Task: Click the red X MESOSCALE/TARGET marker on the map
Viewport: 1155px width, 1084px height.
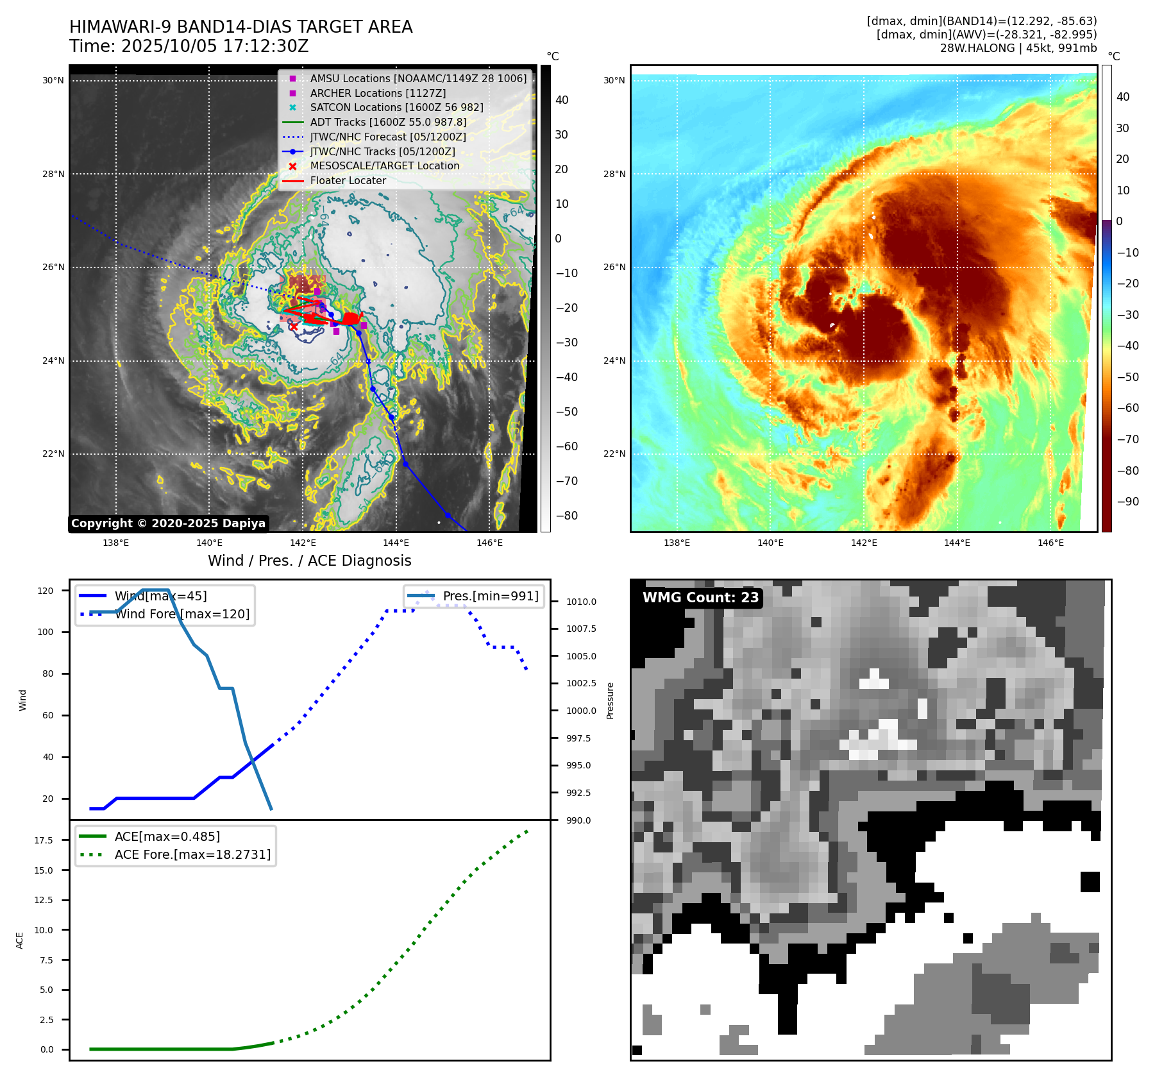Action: click(x=293, y=327)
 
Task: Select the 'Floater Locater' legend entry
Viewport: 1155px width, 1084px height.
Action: click(x=348, y=181)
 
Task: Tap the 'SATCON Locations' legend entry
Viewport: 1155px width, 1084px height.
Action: click(x=396, y=108)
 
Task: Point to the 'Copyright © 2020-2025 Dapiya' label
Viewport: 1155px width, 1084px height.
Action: click(x=168, y=523)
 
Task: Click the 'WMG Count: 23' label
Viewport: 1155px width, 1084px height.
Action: click(x=700, y=598)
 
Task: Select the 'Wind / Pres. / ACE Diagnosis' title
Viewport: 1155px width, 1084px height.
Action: click(x=309, y=561)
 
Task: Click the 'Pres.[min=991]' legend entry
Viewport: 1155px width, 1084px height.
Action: click(x=491, y=597)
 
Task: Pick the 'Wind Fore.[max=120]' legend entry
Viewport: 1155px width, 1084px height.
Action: click(x=182, y=614)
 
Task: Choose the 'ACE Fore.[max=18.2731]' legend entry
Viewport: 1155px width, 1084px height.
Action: click(x=192, y=855)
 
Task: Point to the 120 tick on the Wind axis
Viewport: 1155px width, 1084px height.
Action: click(x=46, y=591)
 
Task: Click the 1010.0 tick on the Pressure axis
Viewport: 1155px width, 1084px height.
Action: click(x=581, y=602)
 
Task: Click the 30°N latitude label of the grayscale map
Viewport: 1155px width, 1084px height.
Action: click(x=53, y=81)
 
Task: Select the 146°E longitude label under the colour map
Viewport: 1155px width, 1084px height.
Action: click(x=1050, y=543)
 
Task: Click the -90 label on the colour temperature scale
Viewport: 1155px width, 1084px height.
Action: click(x=1128, y=502)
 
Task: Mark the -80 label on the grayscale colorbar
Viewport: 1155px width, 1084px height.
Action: click(x=567, y=516)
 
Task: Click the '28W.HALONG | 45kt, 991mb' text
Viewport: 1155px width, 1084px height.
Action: click(x=1018, y=48)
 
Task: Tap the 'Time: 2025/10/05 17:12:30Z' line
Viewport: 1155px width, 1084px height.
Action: click(x=189, y=47)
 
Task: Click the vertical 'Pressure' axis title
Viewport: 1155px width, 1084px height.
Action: click(x=611, y=700)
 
